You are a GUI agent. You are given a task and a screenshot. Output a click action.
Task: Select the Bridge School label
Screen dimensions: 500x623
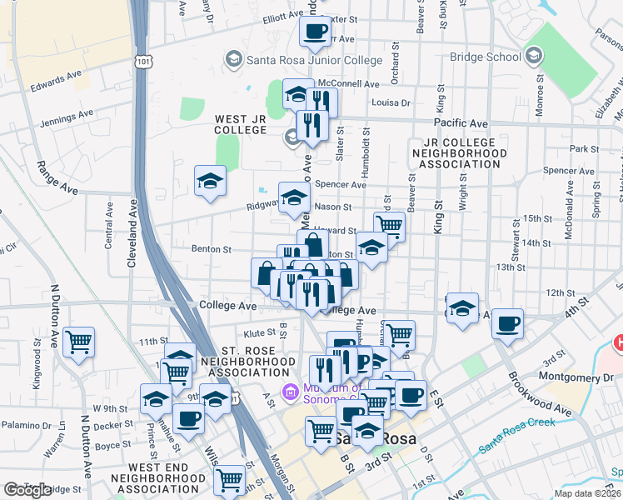(x=485, y=57)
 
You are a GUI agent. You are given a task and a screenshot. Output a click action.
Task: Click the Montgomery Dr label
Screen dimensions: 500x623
(x=576, y=377)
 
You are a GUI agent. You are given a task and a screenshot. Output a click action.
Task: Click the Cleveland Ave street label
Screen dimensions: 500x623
(x=132, y=232)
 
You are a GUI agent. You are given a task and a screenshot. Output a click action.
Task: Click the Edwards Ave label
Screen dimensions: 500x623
(x=56, y=82)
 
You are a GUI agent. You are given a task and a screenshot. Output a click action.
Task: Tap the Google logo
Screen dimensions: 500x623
(x=27, y=490)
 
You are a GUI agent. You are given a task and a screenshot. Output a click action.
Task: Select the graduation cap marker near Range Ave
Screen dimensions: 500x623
(x=210, y=180)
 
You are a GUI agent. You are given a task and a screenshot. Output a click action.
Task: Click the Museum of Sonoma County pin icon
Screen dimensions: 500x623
(x=291, y=390)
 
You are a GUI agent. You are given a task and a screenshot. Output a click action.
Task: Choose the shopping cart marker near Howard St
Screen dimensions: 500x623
(x=389, y=225)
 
